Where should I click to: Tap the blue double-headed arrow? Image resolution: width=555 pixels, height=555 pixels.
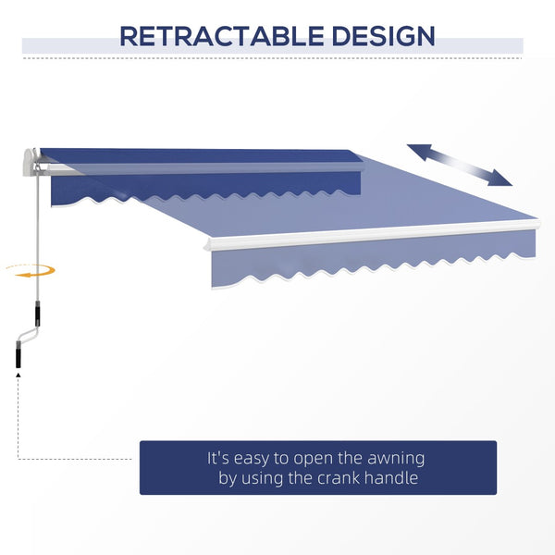[x=460, y=165]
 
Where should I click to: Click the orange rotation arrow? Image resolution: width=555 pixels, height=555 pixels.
[x=31, y=270]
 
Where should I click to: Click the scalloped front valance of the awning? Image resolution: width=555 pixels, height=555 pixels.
[x=370, y=264]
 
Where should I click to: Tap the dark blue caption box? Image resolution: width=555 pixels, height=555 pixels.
[x=317, y=467]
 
